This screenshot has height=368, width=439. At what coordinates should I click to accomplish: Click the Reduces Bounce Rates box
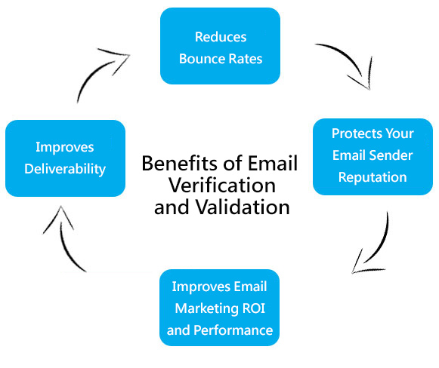tap(220, 47)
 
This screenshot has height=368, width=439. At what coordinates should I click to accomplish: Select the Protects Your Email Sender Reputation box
tap(373, 156)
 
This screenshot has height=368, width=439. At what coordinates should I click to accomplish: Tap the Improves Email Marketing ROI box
tap(220, 308)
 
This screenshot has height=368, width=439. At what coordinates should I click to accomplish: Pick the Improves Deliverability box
tap(65, 158)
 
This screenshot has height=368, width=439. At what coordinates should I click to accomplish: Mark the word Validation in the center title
tap(242, 207)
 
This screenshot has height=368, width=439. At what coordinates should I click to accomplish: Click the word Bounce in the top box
tap(199, 57)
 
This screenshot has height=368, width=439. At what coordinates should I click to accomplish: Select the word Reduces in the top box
tap(220, 36)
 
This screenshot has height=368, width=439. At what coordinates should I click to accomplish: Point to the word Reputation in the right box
tap(373, 178)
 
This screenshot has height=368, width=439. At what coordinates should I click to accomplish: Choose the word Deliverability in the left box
tap(65, 168)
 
